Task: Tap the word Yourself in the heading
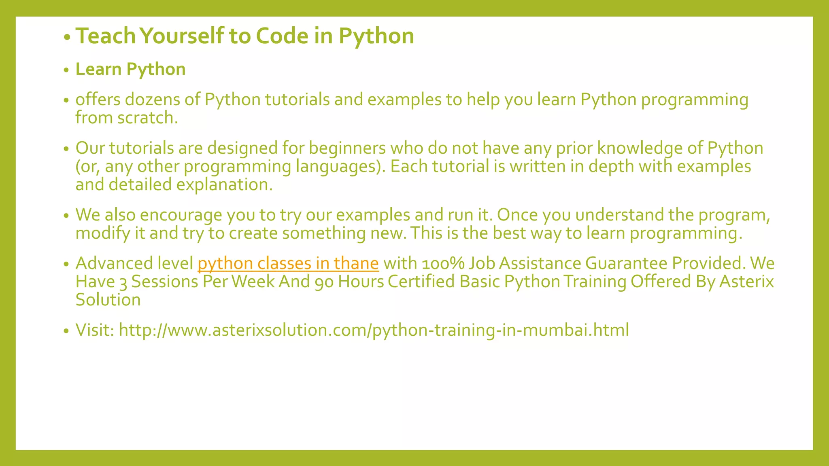pyautogui.click(x=181, y=36)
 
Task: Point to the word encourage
pyautogui.click(x=181, y=215)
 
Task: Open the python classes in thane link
pyautogui.click(x=288, y=263)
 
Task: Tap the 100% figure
pyautogui.click(x=443, y=263)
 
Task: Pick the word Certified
pyautogui.click(x=421, y=282)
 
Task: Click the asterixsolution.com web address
pyautogui.click(x=374, y=330)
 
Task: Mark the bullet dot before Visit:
pyautogui.click(x=67, y=331)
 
